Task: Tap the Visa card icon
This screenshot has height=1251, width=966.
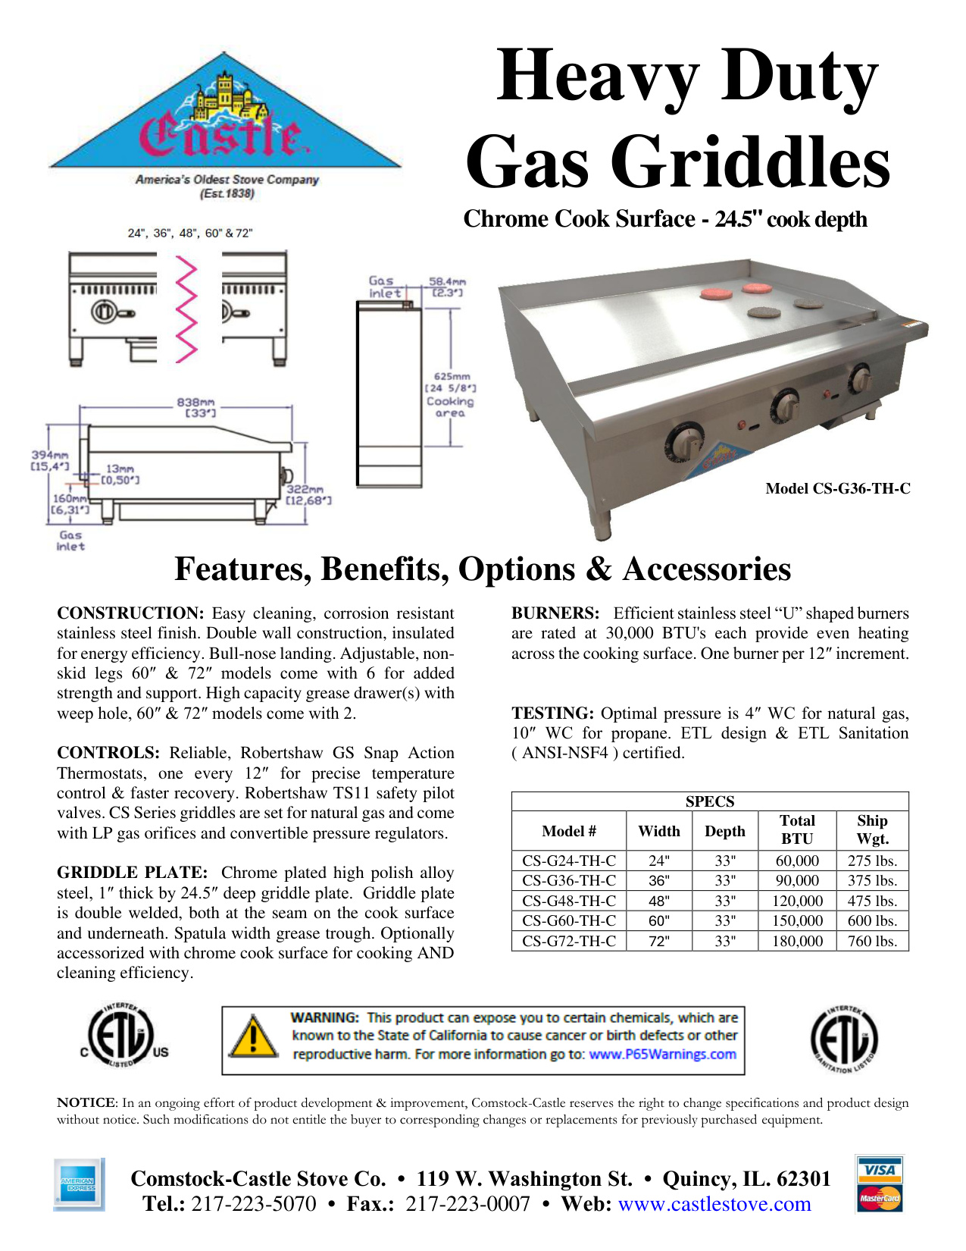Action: click(879, 1169)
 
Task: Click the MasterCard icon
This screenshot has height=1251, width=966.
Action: click(879, 1199)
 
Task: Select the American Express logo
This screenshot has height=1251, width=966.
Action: click(78, 1184)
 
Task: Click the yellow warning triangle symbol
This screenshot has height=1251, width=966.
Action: click(253, 1037)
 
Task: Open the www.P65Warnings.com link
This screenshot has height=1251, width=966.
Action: click(662, 1054)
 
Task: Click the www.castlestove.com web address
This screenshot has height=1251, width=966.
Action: click(714, 1204)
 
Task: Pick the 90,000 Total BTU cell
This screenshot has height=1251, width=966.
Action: click(797, 881)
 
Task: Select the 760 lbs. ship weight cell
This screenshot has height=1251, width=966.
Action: click(872, 941)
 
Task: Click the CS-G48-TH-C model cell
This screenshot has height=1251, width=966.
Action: click(569, 901)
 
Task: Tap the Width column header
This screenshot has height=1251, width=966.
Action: click(659, 831)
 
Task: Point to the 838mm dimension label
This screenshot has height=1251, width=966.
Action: click(195, 403)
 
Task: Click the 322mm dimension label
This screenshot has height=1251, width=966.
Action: click(305, 491)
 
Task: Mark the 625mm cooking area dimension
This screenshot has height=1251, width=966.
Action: click(452, 376)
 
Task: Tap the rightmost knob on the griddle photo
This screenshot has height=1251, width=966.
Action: click(860, 378)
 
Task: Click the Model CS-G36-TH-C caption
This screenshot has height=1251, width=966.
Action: click(837, 489)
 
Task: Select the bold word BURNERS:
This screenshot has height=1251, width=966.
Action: click(555, 613)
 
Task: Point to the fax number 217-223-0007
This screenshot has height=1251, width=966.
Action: click(467, 1204)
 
